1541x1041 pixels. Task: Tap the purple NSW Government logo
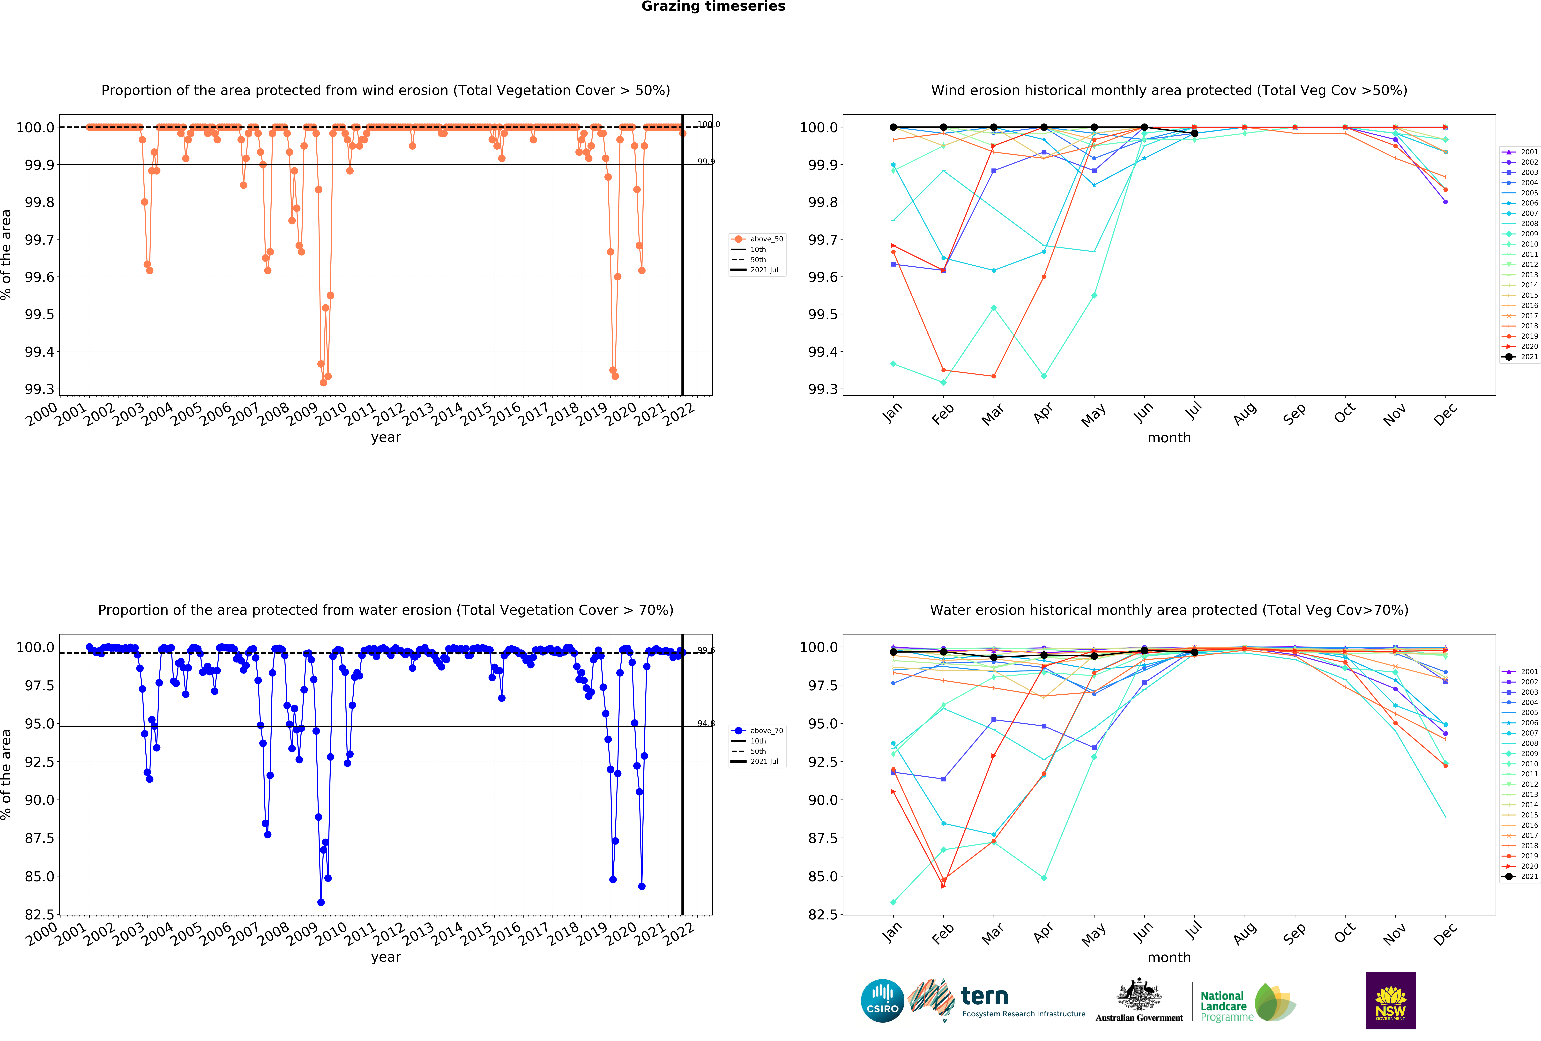pyautogui.click(x=1391, y=1001)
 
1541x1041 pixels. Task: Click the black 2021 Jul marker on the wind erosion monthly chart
pyautogui.click(x=1194, y=133)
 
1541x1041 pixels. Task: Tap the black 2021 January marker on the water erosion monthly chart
pyautogui.click(x=893, y=652)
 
